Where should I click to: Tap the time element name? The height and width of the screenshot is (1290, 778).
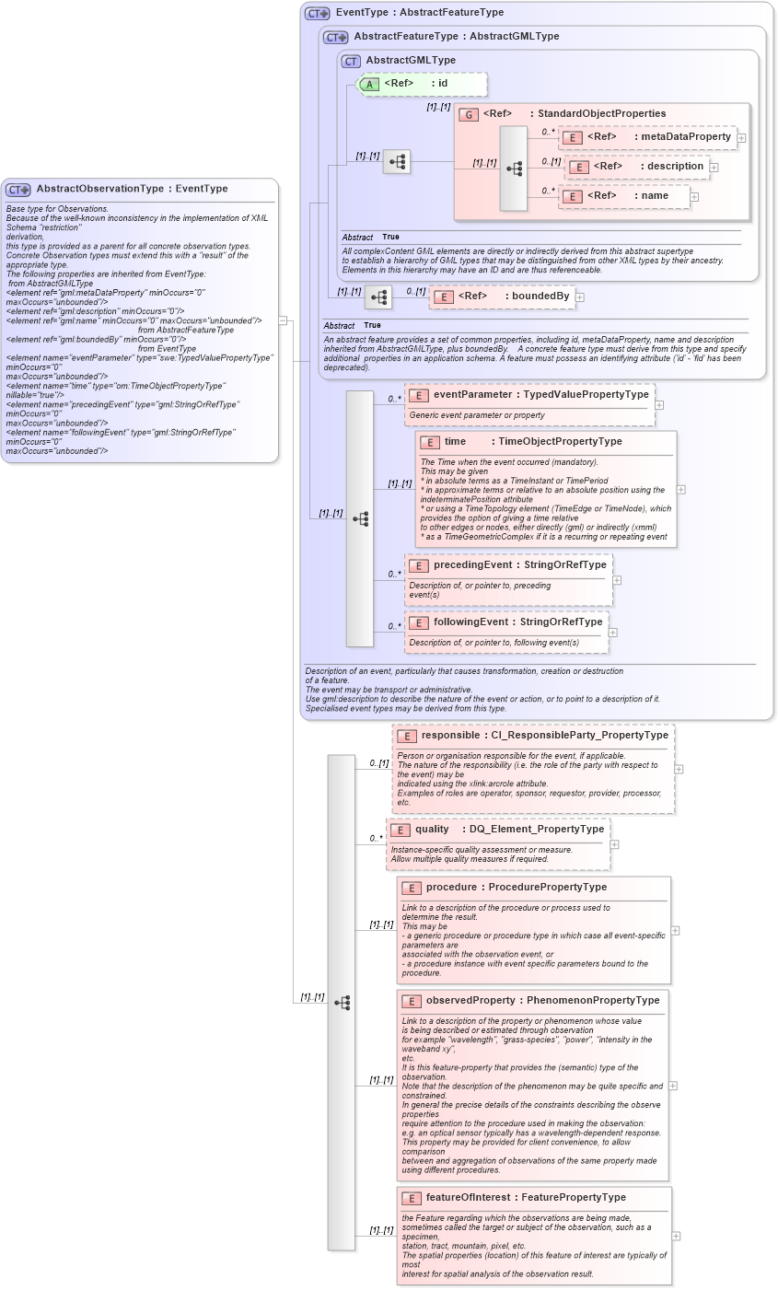click(x=455, y=442)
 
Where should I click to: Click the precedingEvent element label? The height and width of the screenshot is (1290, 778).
click(x=470, y=565)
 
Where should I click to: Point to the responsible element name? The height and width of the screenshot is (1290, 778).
click(x=449, y=736)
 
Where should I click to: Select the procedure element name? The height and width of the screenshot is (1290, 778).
click(x=451, y=888)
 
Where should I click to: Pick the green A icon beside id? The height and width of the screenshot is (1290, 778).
click(x=368, y=84)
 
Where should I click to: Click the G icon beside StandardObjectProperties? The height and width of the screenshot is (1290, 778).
click(x=469, y=114)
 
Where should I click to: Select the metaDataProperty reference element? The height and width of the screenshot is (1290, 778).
click(x=647, y=137)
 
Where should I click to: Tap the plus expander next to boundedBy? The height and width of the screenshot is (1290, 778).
click(x=580, y=297)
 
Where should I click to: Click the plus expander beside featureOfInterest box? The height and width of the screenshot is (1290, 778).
click(x=677, y=1237)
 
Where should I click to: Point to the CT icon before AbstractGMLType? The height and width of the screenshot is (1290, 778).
click(x=351, y=61)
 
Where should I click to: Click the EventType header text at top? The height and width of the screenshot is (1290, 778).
click(x=362, y=13)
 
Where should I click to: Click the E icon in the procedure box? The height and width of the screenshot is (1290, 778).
click(x=411, y=888)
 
